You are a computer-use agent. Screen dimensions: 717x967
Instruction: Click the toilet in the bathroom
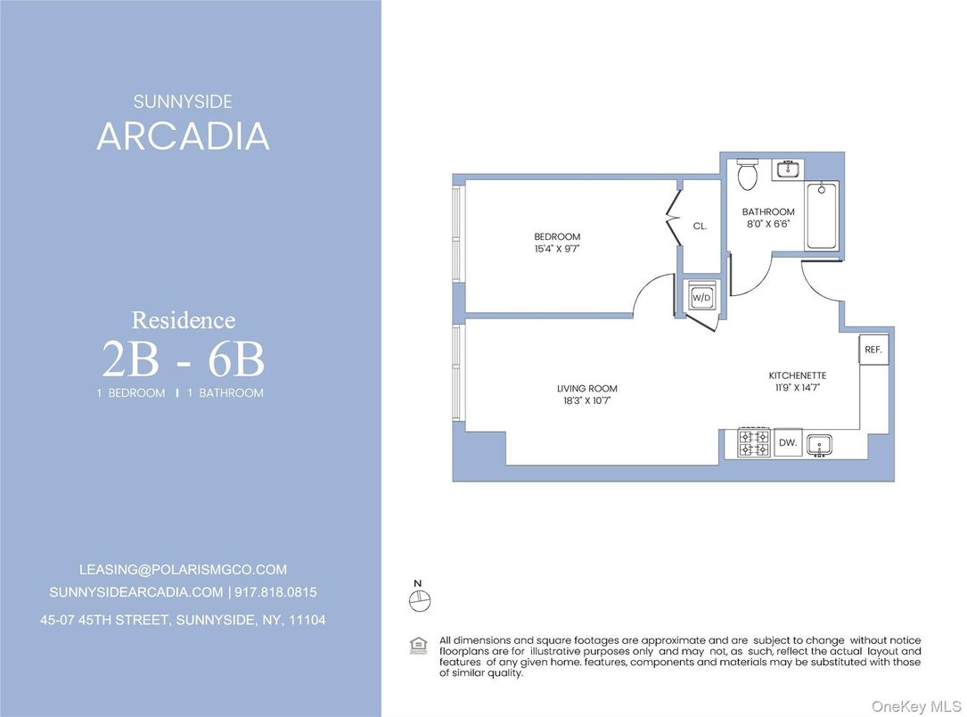click(x=748, y=174)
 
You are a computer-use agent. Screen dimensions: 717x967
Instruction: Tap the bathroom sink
click(x=787, y=168)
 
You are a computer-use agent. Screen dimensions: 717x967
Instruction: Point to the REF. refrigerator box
click(x=873, y=350)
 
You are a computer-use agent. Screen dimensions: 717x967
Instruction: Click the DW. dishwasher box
click(x=787, y=443)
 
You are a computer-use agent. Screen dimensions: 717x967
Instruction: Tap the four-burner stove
click(x=754, y=443)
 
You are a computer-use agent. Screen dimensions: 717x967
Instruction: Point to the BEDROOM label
click(x=557, y=237)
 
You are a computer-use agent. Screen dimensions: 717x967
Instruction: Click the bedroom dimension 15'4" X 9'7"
click(x=557, y=250)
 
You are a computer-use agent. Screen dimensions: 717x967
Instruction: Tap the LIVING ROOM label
click(x=587, y=389)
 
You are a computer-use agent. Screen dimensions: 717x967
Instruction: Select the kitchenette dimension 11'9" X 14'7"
click(x=798, y=389)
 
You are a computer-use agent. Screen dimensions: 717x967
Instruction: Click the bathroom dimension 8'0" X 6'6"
click(x=767, y=225)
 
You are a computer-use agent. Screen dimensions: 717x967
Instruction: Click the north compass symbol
click(x=418, y=601)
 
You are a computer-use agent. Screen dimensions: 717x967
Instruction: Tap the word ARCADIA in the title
click(x=183, y=136)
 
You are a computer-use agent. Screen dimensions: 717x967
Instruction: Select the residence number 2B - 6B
click(x=183, y=360)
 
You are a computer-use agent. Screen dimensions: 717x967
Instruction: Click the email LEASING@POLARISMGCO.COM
click(x=183, y=570)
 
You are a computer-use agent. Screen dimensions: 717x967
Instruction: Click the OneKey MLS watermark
click(x=916, y=705)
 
